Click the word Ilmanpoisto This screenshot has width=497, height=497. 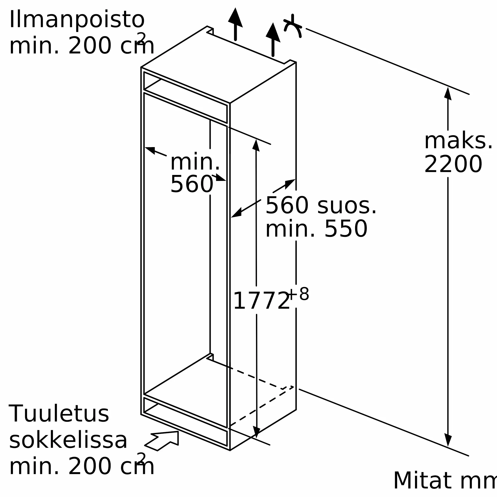click(x=77, y=20)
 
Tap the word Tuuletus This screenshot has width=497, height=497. click(x=59, y=414)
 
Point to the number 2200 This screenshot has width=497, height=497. click(x=453, y=164)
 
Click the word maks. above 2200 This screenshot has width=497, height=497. click(x=458, y=141)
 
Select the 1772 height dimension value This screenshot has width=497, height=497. click(x=261, y=301)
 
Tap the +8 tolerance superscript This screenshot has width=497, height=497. click(x=298, y=294)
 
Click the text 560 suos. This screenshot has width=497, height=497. click(x=321, y=205)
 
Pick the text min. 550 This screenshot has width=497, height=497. click(x=316, y=229)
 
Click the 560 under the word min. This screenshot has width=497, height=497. click(x=192, y=184)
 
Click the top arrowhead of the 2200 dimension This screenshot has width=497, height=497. click(x=448, y=93)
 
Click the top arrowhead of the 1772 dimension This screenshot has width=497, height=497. click(x=256, y=145)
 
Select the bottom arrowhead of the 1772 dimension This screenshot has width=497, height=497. click(x=256, y=431)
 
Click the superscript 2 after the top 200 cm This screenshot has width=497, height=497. click(x=141, y=38)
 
